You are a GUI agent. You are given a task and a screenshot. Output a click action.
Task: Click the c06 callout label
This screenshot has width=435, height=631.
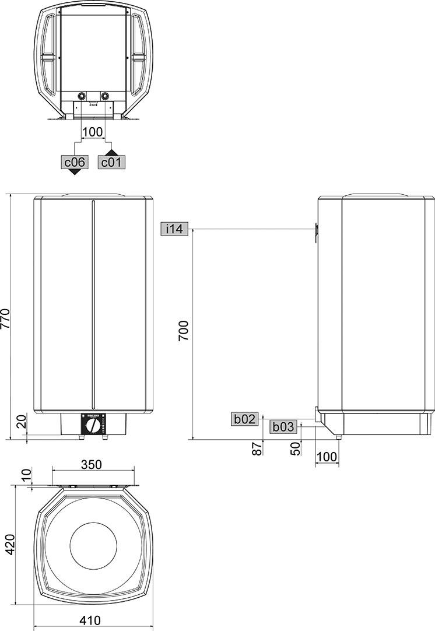75,162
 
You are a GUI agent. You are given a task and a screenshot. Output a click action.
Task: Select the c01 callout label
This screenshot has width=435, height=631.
111,162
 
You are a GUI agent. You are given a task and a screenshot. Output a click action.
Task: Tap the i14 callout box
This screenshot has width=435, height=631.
174,229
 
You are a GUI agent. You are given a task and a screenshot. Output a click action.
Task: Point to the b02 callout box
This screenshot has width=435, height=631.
245,418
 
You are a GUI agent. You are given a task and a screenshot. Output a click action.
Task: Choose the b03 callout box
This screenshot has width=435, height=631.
283,426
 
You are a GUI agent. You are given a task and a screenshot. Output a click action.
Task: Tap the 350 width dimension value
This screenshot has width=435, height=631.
92,465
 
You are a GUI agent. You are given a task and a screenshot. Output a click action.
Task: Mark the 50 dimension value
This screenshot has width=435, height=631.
295,448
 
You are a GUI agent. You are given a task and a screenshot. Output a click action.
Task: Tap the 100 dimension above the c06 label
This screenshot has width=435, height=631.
93,132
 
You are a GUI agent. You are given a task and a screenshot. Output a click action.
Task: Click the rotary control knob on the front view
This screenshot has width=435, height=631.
92,425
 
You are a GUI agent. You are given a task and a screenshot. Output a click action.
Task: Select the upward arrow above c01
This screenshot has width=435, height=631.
111,152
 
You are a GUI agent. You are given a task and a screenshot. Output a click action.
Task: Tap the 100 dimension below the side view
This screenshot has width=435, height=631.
327,457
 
